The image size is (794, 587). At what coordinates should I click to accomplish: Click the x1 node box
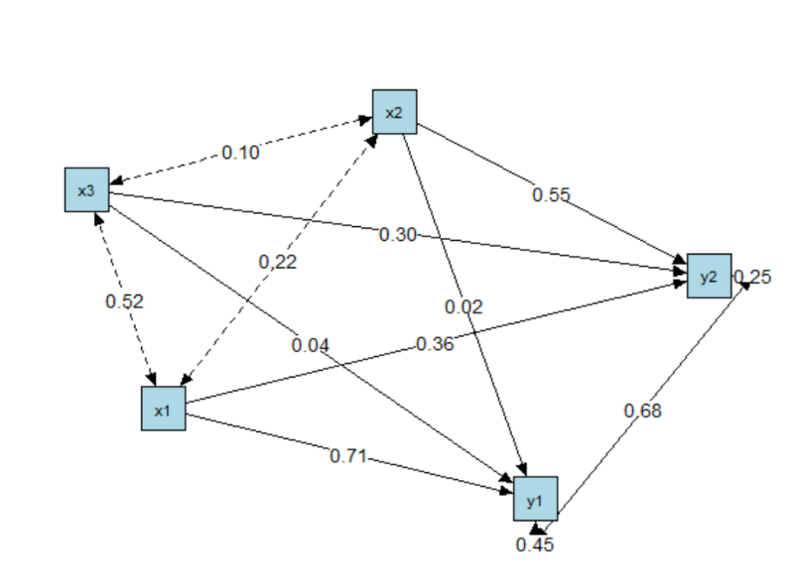pyautogui.click(x=163, y=409)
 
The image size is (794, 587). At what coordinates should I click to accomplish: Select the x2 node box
pyautogui.click(x=394, y=111)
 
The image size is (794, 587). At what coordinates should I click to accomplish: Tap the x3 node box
pyautogui.click(x=86, y=189)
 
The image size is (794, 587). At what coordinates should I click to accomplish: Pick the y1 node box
pyautogui.click(x=535, y=498)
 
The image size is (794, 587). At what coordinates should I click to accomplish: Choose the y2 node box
pyautogui.click(x=709, y=276)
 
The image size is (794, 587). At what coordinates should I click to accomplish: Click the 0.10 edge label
pyautogui.click(x=240, y=153)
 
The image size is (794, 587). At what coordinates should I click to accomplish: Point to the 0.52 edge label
pyautogui.click(x=124, y=301)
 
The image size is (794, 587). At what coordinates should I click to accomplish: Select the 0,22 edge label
pyautogui.click(x=278, y=262)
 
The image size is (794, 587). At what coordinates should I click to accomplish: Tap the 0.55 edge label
pyautogui.click(x=551, y=194)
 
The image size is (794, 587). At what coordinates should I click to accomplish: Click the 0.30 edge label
pyautogui.click(x=397, y=234)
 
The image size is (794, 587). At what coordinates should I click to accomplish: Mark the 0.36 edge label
pyautogui.click(x=434, y=344)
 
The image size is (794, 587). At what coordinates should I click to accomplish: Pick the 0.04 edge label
pyautogui.click(x=311, y=345)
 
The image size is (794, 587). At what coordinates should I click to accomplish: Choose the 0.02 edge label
pyautogui.click(x=463, y=307)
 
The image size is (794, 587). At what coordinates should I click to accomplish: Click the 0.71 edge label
pyautogui.click(x=348, y=456)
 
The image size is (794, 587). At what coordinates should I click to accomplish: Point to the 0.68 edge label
pyautogui.click(x=642, y=411)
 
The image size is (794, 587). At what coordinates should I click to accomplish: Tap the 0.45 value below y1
pyautogui.click(x=535, y=544)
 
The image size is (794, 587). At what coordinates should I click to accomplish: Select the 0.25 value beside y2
pyautogui.click(x=754, y=277)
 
